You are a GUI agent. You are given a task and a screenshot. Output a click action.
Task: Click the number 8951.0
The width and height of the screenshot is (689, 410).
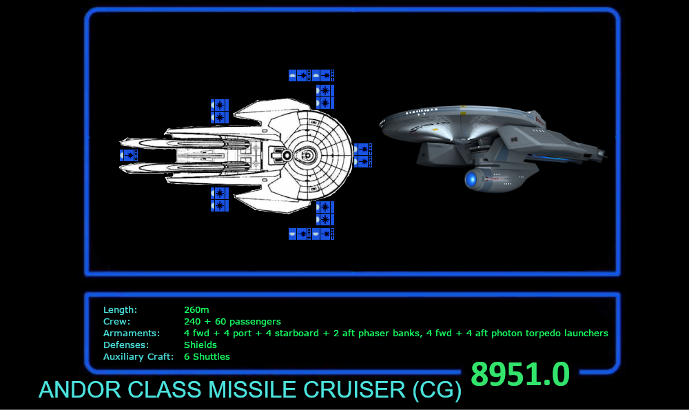520,375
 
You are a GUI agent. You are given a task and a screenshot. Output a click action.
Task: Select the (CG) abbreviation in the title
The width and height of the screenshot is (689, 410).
437,391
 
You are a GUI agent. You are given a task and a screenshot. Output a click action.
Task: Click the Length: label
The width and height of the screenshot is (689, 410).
120,310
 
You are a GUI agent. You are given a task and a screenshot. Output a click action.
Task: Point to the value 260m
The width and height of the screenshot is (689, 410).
197,310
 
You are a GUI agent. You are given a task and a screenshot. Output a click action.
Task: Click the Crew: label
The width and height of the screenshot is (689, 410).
116,322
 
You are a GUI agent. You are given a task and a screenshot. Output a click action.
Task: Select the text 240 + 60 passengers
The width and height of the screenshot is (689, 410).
232,322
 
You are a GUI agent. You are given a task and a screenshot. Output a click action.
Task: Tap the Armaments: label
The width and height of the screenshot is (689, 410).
132,334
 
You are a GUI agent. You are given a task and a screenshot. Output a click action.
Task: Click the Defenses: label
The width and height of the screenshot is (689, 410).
126,345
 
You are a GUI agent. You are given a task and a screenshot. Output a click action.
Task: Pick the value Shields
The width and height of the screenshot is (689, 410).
200,345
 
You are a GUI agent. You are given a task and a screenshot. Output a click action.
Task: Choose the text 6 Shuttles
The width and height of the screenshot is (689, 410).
207,357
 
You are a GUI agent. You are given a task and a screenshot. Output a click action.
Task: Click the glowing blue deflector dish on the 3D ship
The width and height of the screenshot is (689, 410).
472,181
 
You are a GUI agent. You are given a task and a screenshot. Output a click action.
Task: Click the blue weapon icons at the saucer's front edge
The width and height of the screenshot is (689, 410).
361,155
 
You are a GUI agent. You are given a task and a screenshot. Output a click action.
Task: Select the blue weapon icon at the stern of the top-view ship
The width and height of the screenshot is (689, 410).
128,156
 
